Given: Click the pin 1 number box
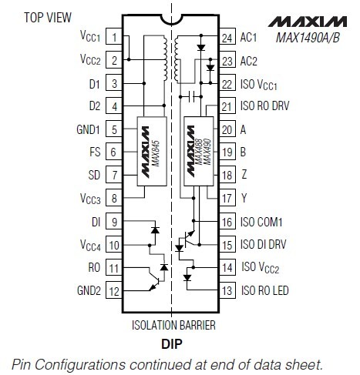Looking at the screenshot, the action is (x=114, y=37).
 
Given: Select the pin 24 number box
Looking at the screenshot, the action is (x=227, y=37).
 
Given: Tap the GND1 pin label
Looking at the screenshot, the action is (x=88, y=129).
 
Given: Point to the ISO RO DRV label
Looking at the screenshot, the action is (x=265, y=105).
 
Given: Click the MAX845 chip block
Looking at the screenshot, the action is (x=152, y=151).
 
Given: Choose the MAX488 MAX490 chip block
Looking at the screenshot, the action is (x=199, y=151).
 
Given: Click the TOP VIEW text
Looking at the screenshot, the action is (x=48, y=18).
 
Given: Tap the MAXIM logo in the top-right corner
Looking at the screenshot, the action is (x=308, y=22).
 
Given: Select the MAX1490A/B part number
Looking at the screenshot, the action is (x=308, y=38).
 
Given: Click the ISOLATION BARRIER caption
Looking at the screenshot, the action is (x=173, y=325).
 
